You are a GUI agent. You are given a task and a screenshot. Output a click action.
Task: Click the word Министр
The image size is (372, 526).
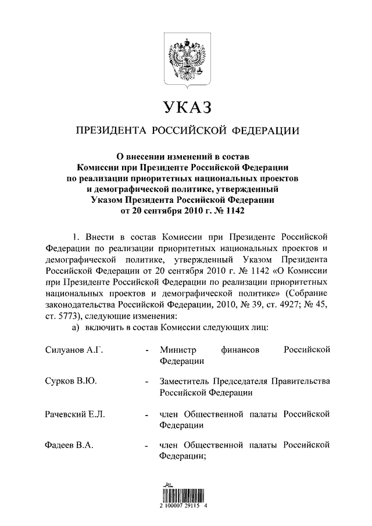[x=178, y=350]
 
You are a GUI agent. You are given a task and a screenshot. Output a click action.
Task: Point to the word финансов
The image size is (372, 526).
[x=240, y=350]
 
